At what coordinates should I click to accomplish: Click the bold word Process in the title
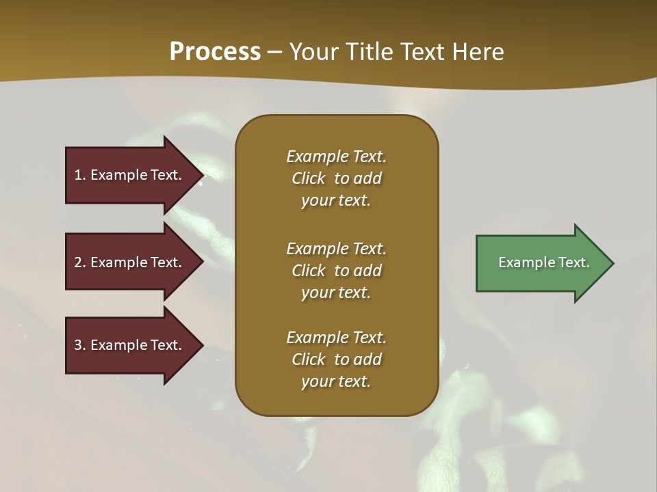click(215, 52)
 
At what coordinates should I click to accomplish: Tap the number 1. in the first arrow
click(80, 175)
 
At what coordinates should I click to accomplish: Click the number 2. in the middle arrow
click(80, 262)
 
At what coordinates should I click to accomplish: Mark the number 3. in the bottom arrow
click(80, 345)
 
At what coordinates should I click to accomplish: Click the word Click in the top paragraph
click(309, 178)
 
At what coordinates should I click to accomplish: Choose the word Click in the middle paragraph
click(309, 271)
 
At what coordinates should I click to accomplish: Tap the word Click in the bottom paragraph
click(309, 359)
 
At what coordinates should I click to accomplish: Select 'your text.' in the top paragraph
click(336, 201)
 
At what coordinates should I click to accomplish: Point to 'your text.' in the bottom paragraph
click(336, 382)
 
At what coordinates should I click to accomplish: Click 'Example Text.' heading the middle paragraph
click(336, 248)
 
